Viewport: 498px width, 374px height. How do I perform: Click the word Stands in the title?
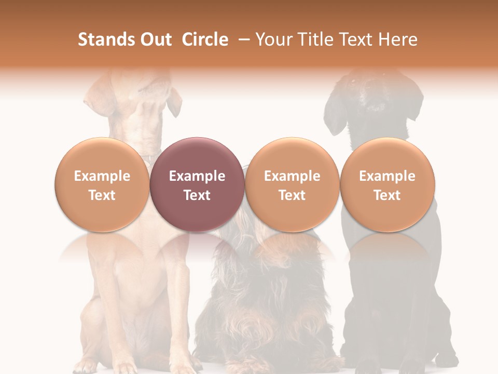pyautogui.click(x=104, y=39)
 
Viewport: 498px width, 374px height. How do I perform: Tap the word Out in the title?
pyautogui.click(x=154, y=39)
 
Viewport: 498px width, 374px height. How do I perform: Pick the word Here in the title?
pyautogui.click(x=398, y=39)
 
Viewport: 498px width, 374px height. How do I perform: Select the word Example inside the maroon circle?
pyautogui.click(x=197, y=176)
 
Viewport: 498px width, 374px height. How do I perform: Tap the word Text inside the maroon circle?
pyautogui.click(x=197, y=195)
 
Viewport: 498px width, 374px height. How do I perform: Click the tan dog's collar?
pyautogui.click(x=150, y=156)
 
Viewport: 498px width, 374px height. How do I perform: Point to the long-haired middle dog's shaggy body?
pyautogui.click(x=270, y=301)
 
